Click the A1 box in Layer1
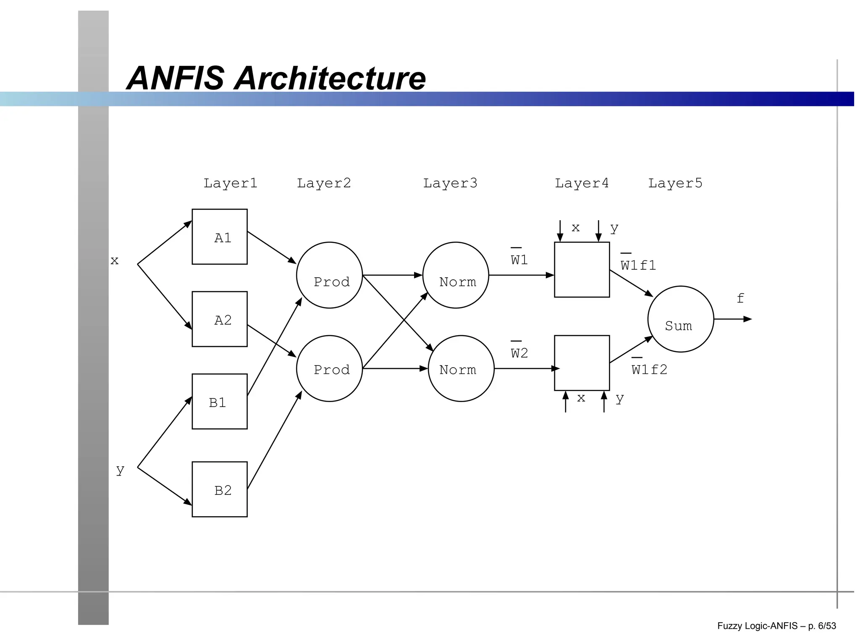tap(219, 237)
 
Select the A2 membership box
tap(219, 319)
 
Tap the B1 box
tap(219, 401)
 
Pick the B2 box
tap(219, 489)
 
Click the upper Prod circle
tap(329, 275)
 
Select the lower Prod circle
tap(329, 368)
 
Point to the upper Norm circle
tap(456, 275)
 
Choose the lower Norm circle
tap(461, 368)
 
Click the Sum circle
tap(681, 319)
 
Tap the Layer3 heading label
tap(450, 183)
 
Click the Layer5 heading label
tap(675, 183)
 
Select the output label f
tap(740, 298)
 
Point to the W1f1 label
tap(638, 265)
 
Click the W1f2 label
tap(649, 369)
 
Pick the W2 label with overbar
tap(519, 353)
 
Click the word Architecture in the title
tap(330, 78)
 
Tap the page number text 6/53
tap(827, 626)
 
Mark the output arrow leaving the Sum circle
tap(733, 319)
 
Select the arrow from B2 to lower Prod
tap(274, 440)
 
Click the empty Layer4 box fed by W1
tap(582, 270)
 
